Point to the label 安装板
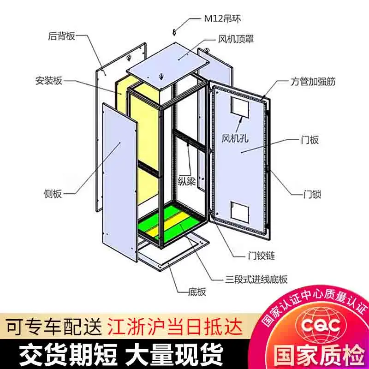[x=48, y=81]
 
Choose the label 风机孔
[x=235, y=137]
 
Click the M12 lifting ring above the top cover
[x=175, y=31]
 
